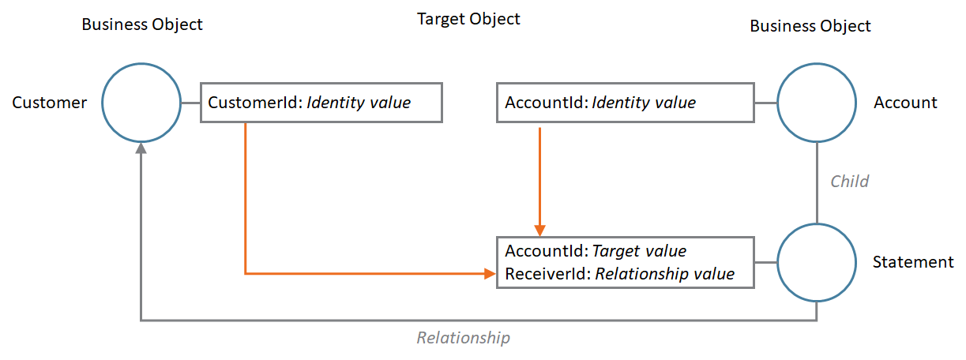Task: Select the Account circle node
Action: coord(817,103)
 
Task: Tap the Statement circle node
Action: coord(817,262)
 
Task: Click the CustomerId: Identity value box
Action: coord(321,103)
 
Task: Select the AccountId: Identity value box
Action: coord(625,103)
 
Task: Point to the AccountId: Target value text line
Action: coord(596,251)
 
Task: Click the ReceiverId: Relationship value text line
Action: coord(619,274)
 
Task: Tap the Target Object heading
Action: coord(468,19)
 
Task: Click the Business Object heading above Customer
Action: coord(142,24)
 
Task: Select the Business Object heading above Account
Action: coord(810,26)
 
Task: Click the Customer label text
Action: coord(50,103)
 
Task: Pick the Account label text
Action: coord(905,103)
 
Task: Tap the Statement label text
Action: coord(913,262)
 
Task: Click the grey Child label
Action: coord(849,182)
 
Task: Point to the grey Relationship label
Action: coord(464,338)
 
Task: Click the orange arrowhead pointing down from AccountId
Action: coord(539,229)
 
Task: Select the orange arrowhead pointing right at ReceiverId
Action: coord(489,274)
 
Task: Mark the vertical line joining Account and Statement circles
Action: coord(817,182)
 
